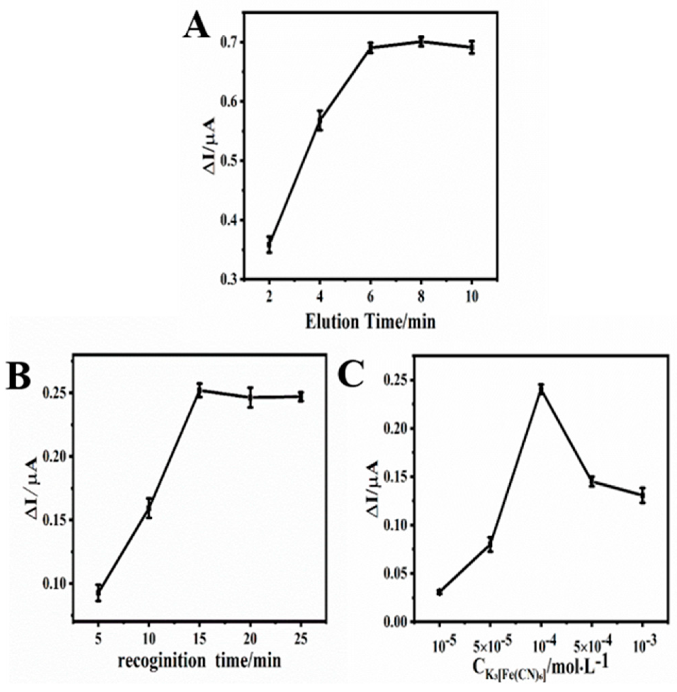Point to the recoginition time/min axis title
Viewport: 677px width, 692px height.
click(200, 651)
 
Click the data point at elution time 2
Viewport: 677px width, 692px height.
click(270, 245)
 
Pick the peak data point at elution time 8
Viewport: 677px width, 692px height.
click(421, 41)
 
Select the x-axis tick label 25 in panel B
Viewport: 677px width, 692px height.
click(301, 631)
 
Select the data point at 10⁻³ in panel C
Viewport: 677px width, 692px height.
click(642, 495)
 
